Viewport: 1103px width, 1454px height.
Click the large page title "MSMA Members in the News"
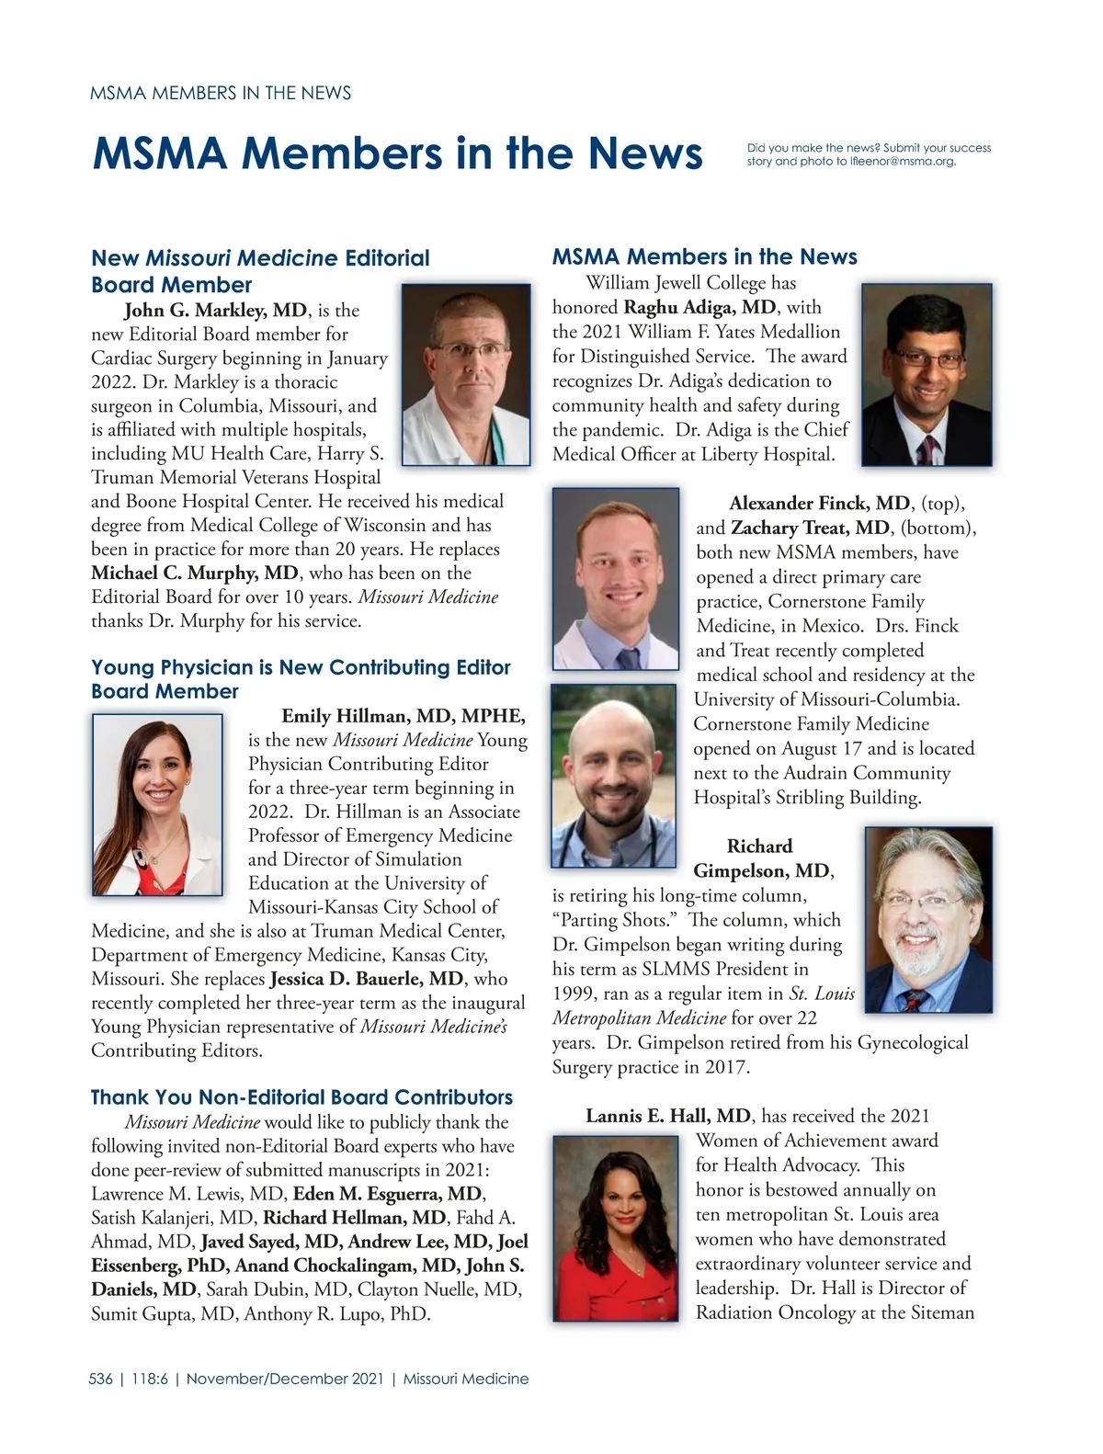(397, 153)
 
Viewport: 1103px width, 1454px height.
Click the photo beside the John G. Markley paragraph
(466, 374)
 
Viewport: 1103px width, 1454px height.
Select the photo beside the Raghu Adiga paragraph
(927, 374)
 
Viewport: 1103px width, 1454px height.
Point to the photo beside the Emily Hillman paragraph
(157, 804)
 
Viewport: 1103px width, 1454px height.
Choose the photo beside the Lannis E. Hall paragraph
(616, 1228)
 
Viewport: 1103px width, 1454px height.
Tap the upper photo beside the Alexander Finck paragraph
(616, 578)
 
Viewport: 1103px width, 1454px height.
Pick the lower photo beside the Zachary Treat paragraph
(613, 775)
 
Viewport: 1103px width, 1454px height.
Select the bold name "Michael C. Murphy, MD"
(195, 574)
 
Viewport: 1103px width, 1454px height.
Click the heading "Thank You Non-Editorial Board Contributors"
(301, 1097)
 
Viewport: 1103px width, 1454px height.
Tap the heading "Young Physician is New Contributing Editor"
(301, 667)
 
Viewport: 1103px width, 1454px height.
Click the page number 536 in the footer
(101, 1379)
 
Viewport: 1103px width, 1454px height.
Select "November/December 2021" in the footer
(285, 1379)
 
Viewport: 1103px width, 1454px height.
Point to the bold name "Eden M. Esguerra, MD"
(388, 1194)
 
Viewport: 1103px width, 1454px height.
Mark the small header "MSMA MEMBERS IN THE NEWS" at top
(221, 93)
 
